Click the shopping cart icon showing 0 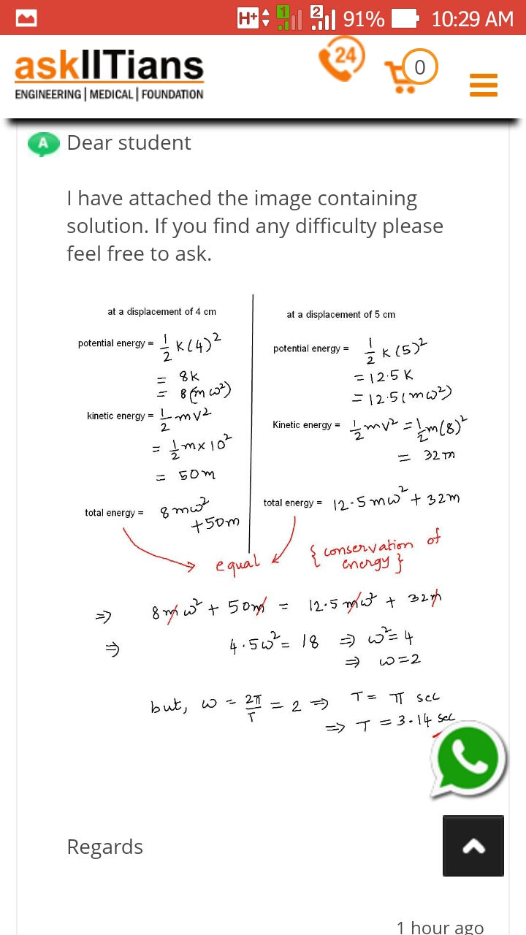pos(410,71)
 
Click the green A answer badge pos(43,144)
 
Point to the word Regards pos(104,847)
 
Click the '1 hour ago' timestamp pos(440,927)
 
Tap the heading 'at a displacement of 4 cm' pos(161,311)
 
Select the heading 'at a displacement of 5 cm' pos(340,314)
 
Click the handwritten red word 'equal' pos(237,563)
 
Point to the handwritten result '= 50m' pos(187,475)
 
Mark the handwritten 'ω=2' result pos(400,660)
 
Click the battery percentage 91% pos(363,18)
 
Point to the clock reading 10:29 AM pos(472,18)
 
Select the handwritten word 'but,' pos(172,705)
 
